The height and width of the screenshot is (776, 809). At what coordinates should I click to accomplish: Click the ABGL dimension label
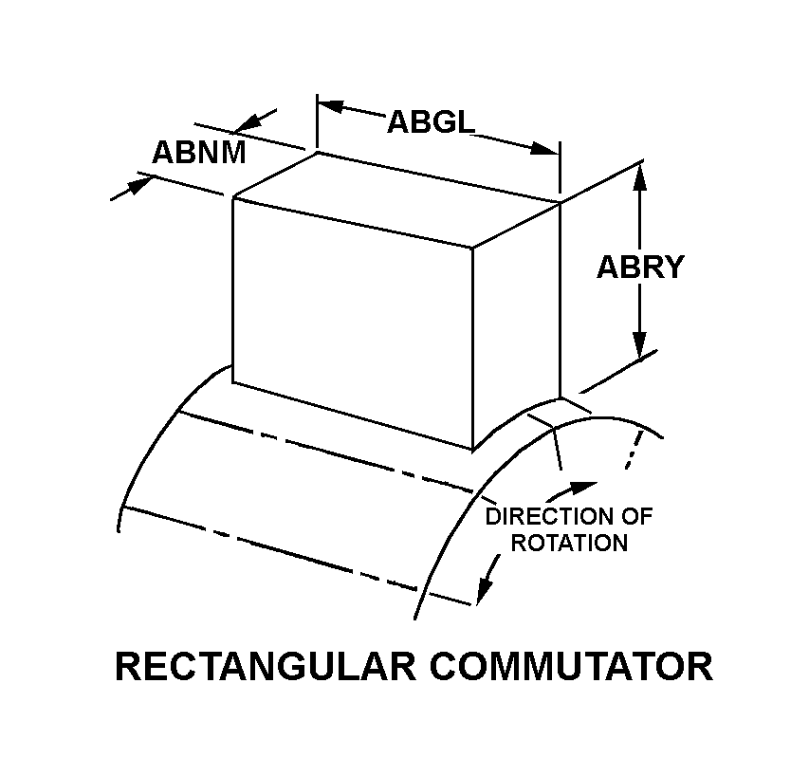click(431, 122)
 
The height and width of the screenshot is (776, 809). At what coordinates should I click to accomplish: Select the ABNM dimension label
click(198, 153)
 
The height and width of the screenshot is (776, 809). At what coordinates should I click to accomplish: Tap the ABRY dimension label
click(640, 267)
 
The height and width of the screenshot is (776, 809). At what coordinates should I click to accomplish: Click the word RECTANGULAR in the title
click(266, 666)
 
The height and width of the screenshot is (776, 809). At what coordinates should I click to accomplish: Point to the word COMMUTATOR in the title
click(571, 666)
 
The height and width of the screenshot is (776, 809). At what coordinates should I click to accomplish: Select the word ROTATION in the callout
click(569, 543)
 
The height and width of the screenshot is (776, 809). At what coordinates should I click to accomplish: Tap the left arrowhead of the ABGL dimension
click(330, 105)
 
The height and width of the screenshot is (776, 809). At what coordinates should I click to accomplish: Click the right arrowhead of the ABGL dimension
click(544, 149)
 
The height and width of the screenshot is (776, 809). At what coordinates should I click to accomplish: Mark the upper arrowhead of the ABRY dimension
click(640, 179)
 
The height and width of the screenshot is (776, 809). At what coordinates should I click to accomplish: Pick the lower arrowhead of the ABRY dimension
click(640, 342)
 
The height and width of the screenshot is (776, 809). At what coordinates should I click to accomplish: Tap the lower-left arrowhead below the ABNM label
click(138, 186)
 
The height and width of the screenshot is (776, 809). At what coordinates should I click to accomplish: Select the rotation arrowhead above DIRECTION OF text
click(583, 488)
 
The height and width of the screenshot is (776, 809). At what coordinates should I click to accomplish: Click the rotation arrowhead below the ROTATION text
click(485, 589)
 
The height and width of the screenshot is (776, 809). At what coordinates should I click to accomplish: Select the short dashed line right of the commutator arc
click(634, 450)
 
